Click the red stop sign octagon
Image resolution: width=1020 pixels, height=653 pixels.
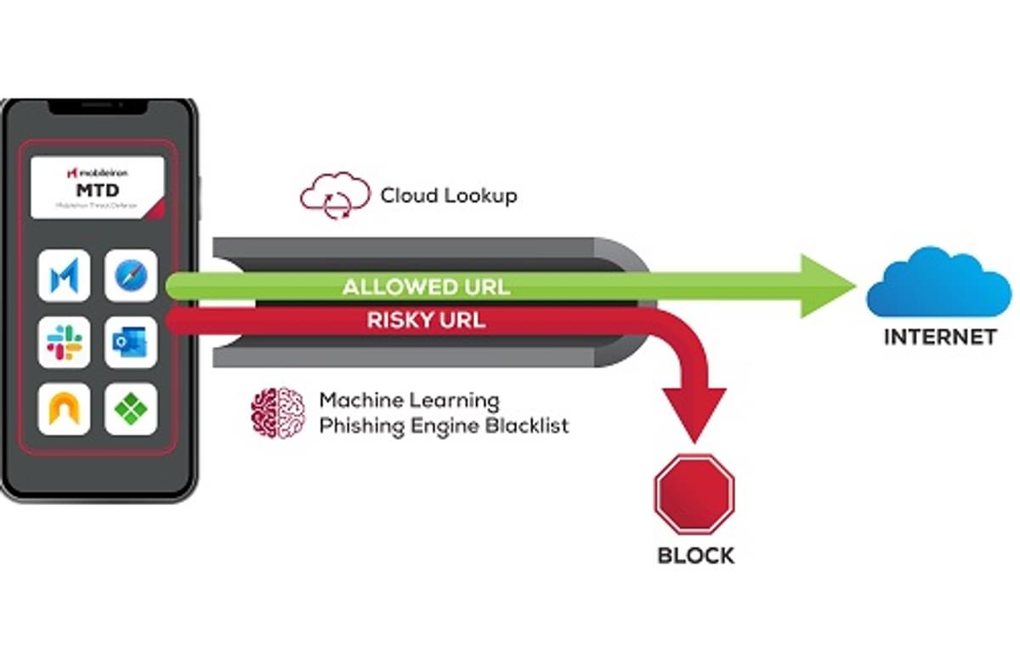694,493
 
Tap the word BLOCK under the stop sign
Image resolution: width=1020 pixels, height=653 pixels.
695,556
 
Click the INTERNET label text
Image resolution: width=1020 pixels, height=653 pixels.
939,337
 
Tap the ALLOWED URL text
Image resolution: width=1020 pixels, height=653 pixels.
426,287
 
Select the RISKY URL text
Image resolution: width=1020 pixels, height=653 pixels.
426,321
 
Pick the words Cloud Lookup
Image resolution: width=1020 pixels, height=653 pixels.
448,196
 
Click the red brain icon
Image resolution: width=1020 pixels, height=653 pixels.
278,412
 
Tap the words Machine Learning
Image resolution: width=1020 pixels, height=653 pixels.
409,400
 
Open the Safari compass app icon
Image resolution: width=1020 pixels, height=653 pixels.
131,275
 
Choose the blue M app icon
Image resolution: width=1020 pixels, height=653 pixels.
64,275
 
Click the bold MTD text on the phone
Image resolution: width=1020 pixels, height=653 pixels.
96,190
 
